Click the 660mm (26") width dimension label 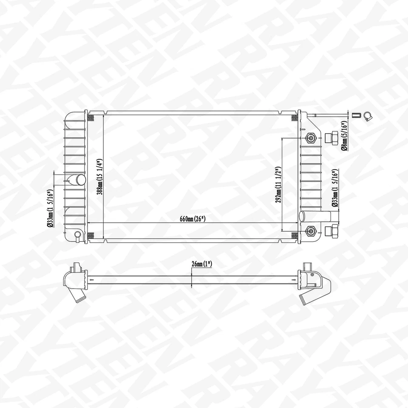(193, 219)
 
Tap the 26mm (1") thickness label (201, 264)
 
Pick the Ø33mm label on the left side (50, 208)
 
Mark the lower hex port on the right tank (311, 231)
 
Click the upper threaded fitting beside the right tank (331, 138)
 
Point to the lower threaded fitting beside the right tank (331, 231)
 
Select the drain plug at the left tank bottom (77, 235)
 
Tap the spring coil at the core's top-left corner (91, 118)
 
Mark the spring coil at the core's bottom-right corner (295, 235)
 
